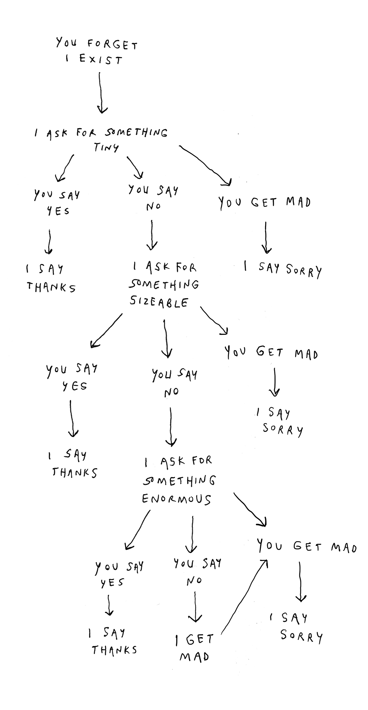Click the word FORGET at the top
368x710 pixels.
click(x=113, y=45)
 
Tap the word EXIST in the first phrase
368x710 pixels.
click(x=101, y=60)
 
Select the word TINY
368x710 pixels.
click(x=106, y=148)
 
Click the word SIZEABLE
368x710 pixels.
click(x=159, y=302)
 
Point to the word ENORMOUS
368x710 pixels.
click(x=176, y=499)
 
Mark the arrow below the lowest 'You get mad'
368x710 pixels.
click(x=300, y=581)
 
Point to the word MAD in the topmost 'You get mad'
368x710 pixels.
click(x=298, y=202)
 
